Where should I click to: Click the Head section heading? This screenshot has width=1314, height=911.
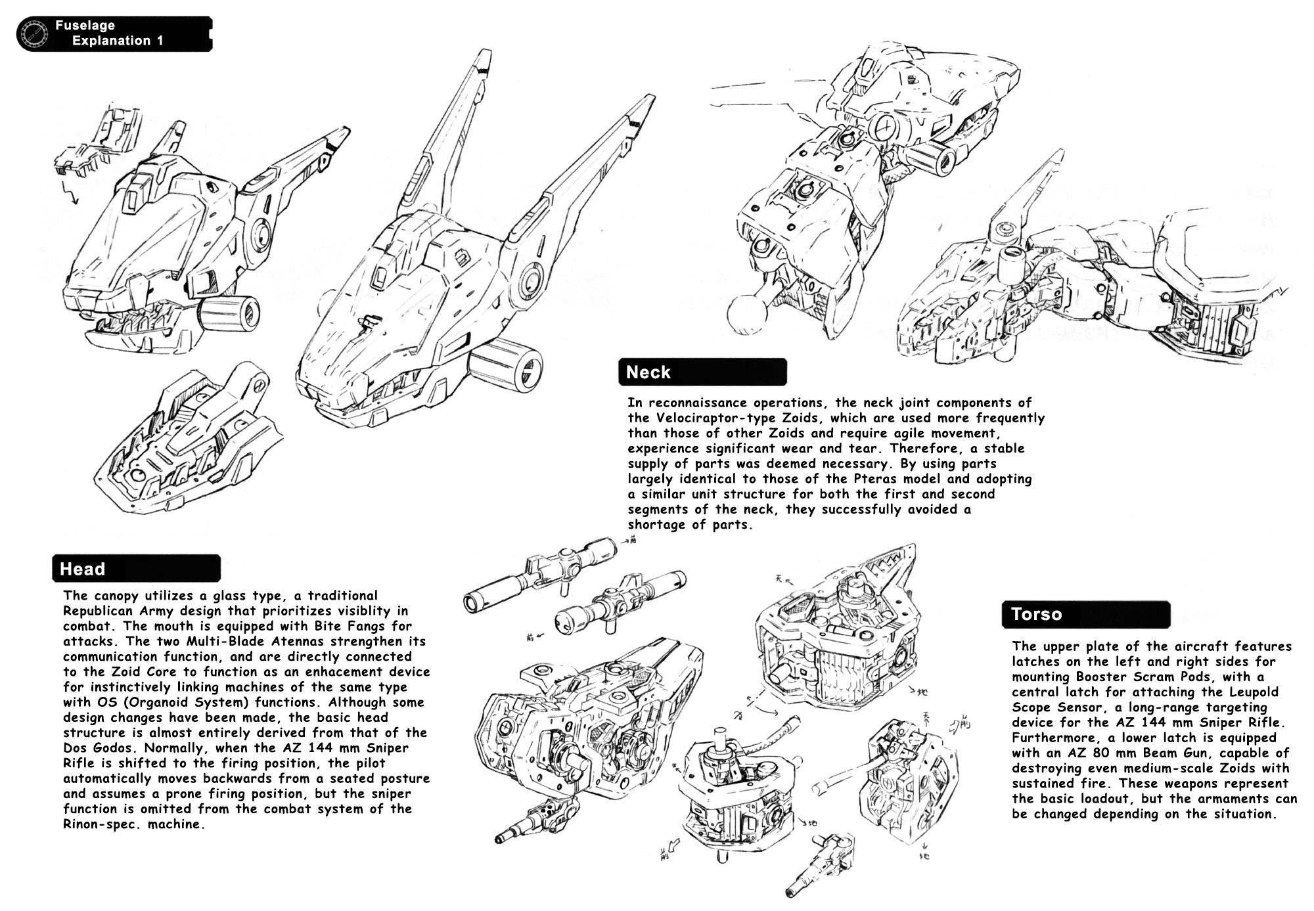[83, 569]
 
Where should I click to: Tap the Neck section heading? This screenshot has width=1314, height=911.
[648, 372]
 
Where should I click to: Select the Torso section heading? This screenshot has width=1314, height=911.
[1036, 614]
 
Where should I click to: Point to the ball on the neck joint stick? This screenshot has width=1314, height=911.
[746, 313]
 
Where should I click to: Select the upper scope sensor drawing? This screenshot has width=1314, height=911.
[540, 572]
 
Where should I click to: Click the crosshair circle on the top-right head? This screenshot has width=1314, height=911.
[886, 125]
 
